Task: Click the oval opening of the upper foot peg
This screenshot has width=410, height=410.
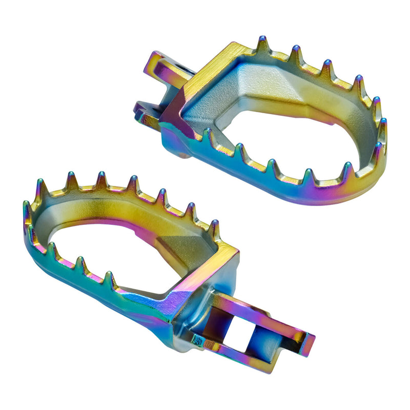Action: click(287, 141)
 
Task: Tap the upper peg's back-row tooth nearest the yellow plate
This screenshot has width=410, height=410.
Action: click(262, 46)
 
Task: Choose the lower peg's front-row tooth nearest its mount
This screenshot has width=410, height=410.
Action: click(109, 279)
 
